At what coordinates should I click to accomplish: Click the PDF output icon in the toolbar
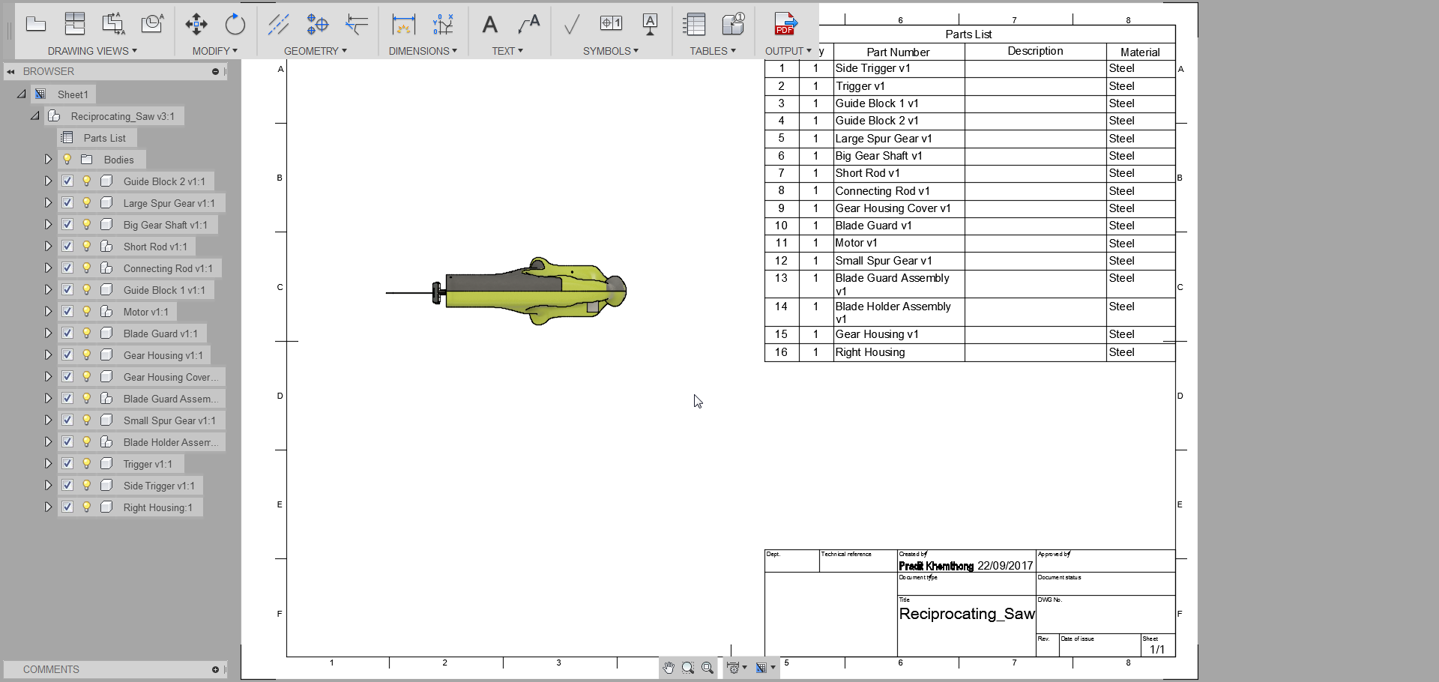[785, 24]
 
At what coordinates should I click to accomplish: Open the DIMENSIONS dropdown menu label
[422, 51]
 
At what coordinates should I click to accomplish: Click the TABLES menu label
[712, 51]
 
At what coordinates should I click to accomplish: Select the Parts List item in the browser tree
[104, 138]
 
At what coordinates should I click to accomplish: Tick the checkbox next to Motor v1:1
[67, 311]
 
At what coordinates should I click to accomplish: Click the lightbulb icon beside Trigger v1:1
[87, 464]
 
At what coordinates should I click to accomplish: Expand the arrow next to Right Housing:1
[47, 507]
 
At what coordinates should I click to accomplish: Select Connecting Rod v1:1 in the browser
[167, 268]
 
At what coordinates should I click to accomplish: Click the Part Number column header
[898, 52]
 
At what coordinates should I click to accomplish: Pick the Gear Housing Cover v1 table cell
[893, 208]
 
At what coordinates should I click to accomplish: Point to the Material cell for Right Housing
[1139, 352]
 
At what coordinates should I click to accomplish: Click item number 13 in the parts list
[781, 278]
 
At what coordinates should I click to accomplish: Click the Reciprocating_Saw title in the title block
[966, 614]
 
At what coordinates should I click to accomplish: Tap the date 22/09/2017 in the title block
[1005, 566]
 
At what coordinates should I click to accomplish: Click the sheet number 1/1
[1157, 649]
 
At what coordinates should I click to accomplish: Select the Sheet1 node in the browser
[73, 94]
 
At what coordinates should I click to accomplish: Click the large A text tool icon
[490, 25]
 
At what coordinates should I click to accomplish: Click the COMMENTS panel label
[51, 669]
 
